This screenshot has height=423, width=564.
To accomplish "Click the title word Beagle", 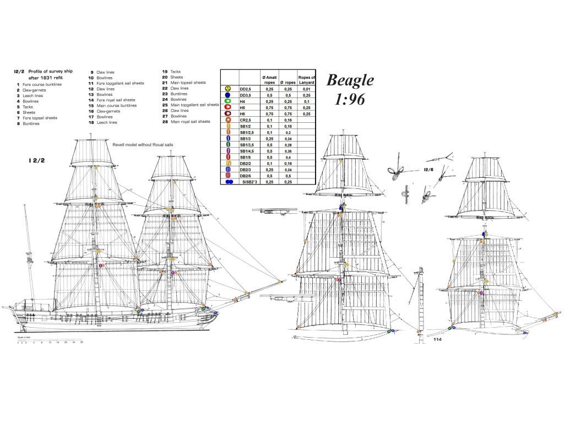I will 350,80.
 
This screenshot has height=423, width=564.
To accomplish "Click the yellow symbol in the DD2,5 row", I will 227,89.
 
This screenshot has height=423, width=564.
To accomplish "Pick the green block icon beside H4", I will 227,101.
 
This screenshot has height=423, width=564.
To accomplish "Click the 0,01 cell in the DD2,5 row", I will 306,89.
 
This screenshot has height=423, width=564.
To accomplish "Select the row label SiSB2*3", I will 250,181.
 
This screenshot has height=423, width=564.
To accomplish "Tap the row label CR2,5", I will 246,120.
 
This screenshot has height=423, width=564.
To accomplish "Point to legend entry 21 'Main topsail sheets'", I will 188,83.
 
